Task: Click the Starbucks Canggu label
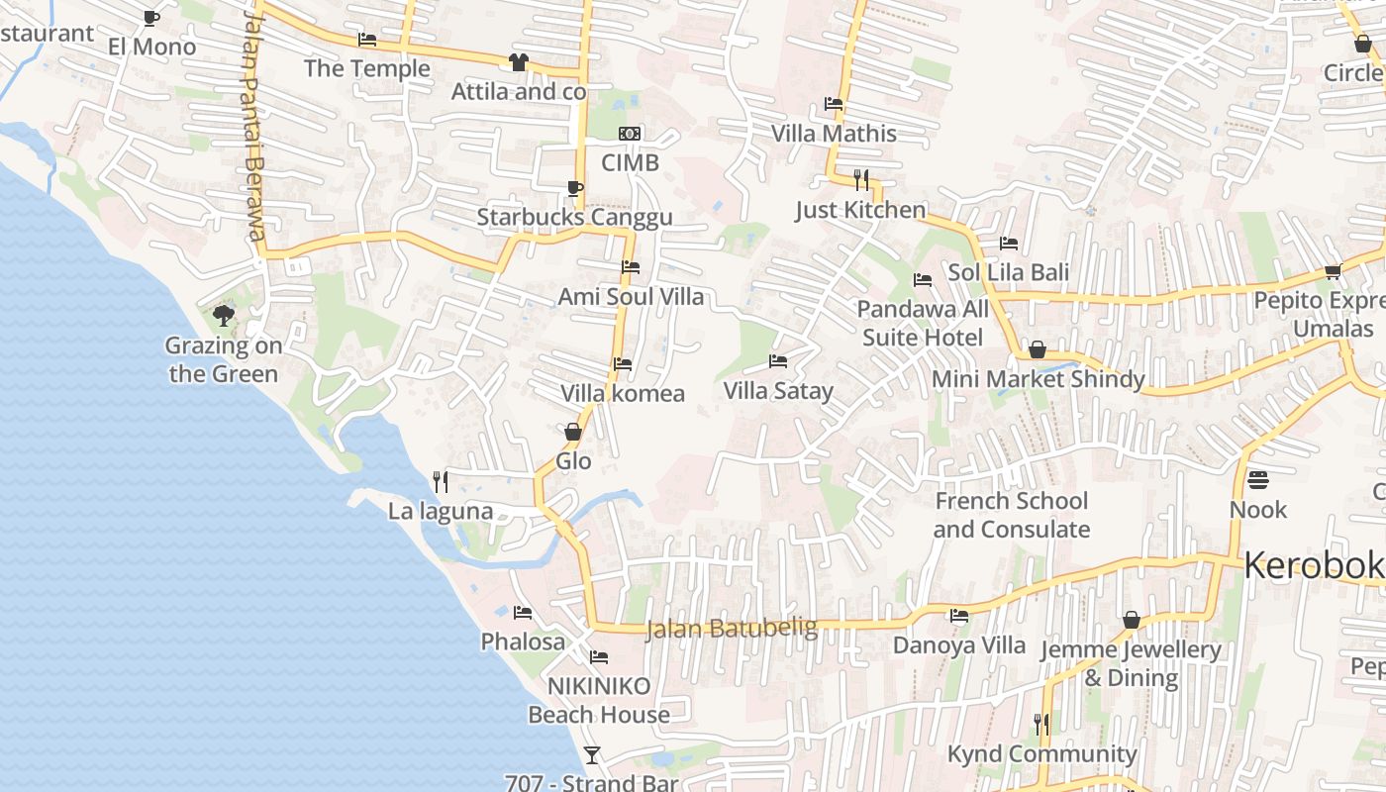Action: pyautogui.click(x=574, y=218)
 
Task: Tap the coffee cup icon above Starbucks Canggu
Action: pyautogui.click(x=574, y=188)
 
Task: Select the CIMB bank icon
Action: pyautogui.click(x=630, y=134)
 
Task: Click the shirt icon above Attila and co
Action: pyautogui.click(x=518, y=62)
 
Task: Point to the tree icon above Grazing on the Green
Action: pyautogui.click(x=224, y=316)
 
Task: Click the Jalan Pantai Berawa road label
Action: pyautogui.click(x=252, y=129)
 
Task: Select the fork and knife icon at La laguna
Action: pyautogui.click(x=441, y=482)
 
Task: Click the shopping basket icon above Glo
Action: pyautogui.click(x=572, y=432)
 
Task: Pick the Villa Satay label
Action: pyautogui.click(x=778, y=391)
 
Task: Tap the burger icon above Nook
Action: pyautogui.click(x=1258, y=480)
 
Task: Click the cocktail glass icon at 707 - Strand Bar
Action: pyautogui.click(x=591, y=755)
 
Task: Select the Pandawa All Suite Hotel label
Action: pyautogui.click(x=923, y=324)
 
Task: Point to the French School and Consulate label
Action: pyautogui.click(x=1011, y=515)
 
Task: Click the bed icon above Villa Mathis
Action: pyautogui.click(x=834, y=104)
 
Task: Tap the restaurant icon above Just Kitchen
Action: pyautogui.click(x=861, y=179)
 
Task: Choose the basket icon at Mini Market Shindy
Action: pyautogui.click(x=1037, y=349)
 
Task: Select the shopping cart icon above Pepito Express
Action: pyautogui.click(x=1333, y=271)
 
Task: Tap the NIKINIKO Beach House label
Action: pyautogui.click(x=599, y=700)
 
